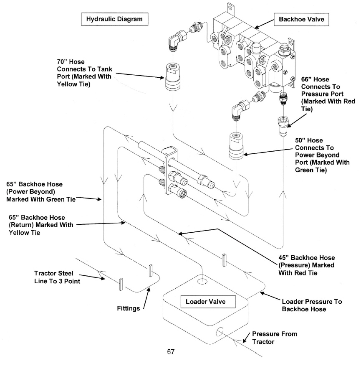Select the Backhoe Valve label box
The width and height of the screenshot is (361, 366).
296,19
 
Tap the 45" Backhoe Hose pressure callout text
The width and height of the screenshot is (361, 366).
306,265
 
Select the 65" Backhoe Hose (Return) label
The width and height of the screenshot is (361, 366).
40,226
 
